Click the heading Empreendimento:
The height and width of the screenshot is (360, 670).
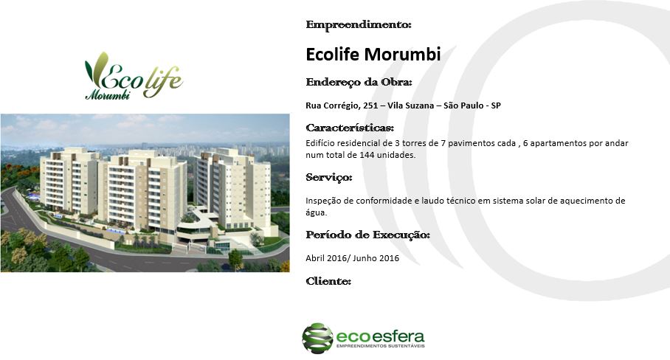point(359,25)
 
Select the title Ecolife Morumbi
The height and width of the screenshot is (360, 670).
point(373,55)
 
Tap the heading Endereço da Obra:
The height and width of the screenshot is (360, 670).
point(359,83)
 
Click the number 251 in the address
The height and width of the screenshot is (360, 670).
point(370,105)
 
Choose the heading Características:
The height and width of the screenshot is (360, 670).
point(350,128)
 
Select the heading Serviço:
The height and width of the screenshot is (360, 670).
point(329,178)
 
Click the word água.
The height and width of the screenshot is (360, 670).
point(317,212)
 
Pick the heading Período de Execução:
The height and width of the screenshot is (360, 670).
point(368,235)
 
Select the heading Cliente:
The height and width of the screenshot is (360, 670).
point(328,281)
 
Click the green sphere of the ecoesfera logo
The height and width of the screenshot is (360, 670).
point(317,338)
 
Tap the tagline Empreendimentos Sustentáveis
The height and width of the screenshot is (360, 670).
point(380,345)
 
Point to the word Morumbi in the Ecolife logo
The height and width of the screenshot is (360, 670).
point(108,95)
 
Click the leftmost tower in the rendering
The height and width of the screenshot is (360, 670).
point(69,181)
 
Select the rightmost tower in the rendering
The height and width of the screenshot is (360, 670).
point(233,188)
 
